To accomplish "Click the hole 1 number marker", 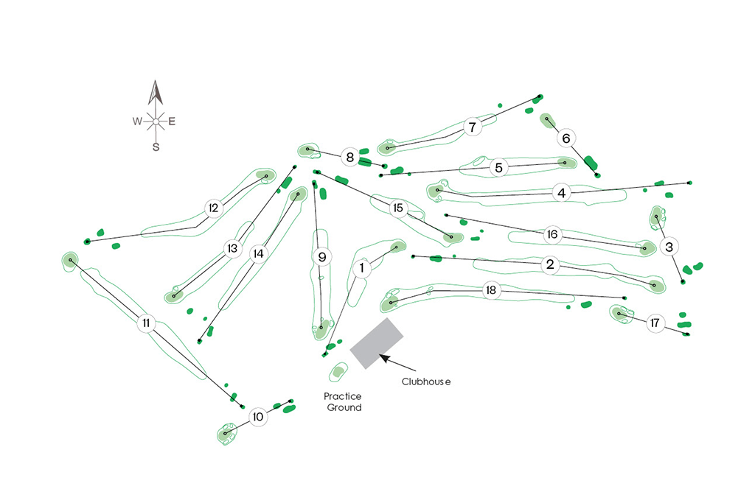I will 362,269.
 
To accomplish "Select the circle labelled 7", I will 472,127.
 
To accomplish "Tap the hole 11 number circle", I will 147,323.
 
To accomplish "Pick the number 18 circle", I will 491,291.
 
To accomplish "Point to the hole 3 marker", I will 669,246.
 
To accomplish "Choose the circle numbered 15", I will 398,209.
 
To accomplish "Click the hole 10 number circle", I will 257,417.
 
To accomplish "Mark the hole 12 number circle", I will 214,208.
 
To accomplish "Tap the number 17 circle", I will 655,323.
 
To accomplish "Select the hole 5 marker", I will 499,168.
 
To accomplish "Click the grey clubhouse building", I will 377,343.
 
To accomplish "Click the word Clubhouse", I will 425,381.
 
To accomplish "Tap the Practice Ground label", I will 343,402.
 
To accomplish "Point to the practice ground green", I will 338,372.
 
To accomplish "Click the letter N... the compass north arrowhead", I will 155,93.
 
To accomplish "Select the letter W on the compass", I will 137,122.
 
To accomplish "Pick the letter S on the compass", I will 156,147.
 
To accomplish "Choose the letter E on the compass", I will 172,122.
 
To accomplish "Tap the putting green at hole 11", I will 70,259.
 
